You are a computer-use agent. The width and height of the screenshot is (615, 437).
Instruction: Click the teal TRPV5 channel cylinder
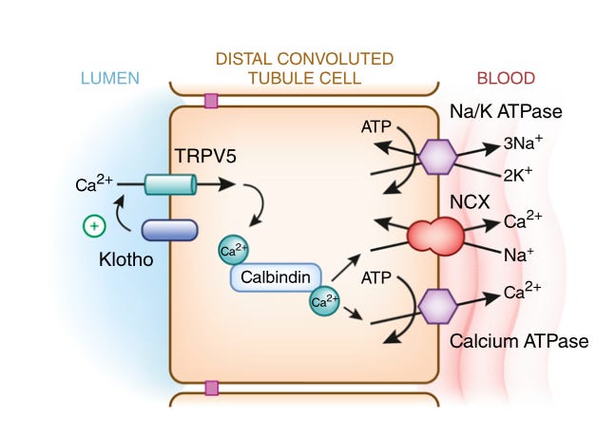click(170, 184)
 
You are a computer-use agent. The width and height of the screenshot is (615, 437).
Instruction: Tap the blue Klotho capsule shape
click(169, 230)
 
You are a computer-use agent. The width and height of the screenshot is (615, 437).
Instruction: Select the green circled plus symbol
click(94, 226)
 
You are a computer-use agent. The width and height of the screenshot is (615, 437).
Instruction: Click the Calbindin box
click(276, 277)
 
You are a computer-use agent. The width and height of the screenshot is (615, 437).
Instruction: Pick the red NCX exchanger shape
click(435, 236)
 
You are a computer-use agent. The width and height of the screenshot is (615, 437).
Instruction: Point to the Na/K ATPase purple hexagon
click(437, 157)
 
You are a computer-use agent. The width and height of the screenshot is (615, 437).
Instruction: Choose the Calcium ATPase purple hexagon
click(437, 306)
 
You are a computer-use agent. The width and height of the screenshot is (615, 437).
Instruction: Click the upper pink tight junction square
click(211, 101)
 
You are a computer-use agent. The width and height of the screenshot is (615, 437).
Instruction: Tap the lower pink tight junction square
click(211, 388)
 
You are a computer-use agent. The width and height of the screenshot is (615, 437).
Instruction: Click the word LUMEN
click(110, 79)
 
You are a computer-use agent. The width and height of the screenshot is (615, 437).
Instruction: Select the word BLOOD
click(506, 79)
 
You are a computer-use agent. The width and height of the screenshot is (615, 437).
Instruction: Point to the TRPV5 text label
click(205, 156)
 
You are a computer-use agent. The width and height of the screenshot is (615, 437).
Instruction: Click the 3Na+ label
click(523, 142)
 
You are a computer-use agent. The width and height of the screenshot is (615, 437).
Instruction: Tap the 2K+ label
click(518, 175)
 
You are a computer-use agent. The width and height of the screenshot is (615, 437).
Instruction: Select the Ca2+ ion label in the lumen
click(94, 183)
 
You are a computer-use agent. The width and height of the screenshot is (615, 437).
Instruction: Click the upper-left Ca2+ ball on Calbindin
click(234, 250)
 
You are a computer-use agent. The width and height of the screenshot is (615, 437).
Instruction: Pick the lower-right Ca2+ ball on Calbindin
click(324, 301)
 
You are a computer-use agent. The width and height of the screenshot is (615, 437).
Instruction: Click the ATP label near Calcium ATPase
click(375, 278)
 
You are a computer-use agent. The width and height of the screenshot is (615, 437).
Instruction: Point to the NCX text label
click(470, 202)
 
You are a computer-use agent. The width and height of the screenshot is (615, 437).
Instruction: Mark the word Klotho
click(125, 259)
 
